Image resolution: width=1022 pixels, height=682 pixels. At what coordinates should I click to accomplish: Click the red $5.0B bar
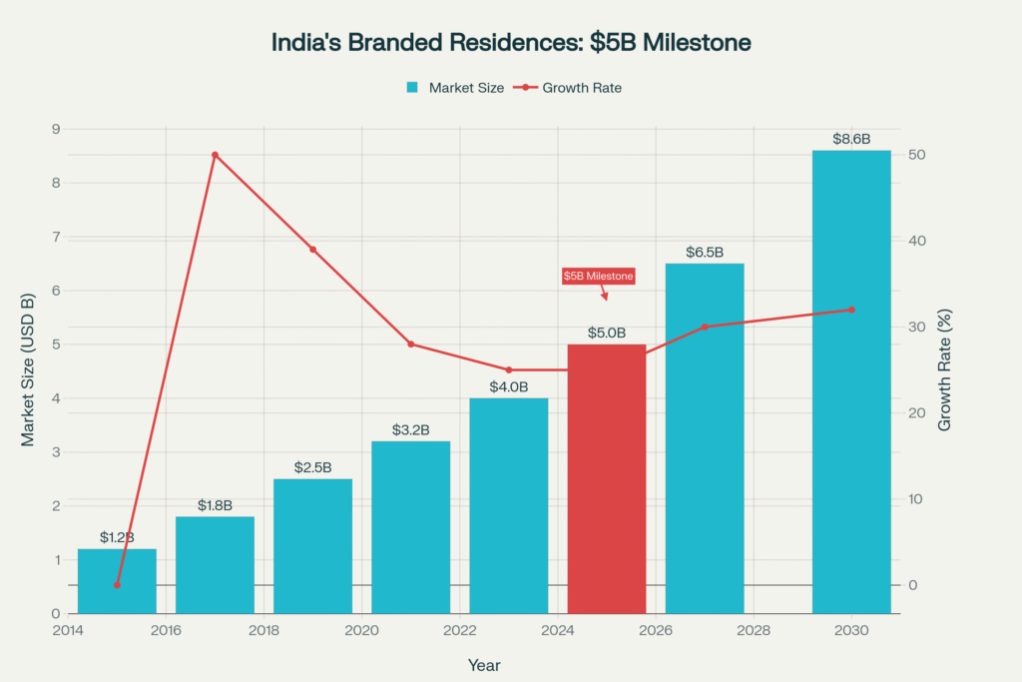[607, 478]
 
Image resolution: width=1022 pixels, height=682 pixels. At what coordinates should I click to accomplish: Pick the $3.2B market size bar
[410, 526]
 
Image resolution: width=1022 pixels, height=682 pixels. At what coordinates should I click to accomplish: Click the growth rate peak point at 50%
[215, 155]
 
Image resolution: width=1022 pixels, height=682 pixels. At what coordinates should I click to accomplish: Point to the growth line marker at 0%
[117, 585]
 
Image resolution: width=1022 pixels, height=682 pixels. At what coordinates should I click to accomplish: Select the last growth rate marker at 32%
[851, 310]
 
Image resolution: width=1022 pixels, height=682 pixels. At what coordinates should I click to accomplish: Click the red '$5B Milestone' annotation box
[598, 276]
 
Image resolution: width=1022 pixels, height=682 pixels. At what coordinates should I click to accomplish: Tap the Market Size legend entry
[454, 88]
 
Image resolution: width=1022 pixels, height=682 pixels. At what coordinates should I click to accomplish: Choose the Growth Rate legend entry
[568, 88]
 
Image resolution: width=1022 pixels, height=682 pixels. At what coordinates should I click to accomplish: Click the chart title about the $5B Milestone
[511, 43]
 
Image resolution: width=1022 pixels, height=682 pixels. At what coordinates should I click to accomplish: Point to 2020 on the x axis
[361, 631]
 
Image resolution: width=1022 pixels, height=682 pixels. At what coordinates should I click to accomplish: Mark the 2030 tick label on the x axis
[851, 631]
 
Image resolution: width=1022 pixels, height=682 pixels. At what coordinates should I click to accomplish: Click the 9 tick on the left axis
[55, 129]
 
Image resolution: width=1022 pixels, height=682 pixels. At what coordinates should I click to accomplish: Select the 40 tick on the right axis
[917, 241]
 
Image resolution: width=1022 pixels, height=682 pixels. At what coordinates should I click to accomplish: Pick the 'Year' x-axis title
[484, 664]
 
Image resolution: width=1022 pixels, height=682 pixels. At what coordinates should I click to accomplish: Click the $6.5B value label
[705, 253]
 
